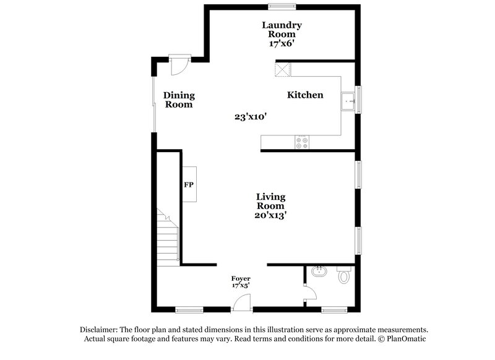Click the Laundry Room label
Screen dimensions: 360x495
(282, 30)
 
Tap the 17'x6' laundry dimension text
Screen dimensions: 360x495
(282, 45)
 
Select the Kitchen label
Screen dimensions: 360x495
(305, 95)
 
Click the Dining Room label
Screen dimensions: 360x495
(179, 100)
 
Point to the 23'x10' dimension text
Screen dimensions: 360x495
(251, 116)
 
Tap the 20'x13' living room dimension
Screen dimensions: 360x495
(272, 215)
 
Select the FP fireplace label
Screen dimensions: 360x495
(189, 184)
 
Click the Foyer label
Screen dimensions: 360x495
(241, 278)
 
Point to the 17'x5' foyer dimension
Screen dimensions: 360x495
(241, 285)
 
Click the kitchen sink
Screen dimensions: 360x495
(348, 100)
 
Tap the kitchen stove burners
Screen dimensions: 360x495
(303, 142)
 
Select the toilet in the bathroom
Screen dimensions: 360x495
(343, 275)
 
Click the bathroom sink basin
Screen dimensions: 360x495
(319, 272)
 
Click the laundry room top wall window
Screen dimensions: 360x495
(282, 6)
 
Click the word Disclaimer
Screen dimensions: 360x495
(102, 330)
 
